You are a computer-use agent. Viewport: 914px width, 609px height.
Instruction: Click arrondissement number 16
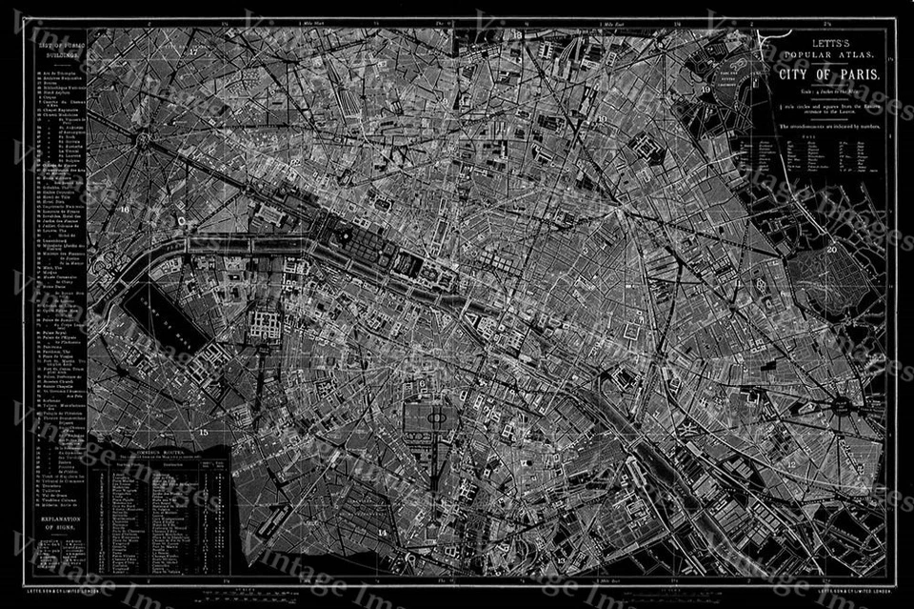[125, 207]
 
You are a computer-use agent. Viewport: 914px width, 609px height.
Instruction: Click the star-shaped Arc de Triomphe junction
[146, 141]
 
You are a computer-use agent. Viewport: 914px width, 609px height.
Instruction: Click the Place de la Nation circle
[843, 405]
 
